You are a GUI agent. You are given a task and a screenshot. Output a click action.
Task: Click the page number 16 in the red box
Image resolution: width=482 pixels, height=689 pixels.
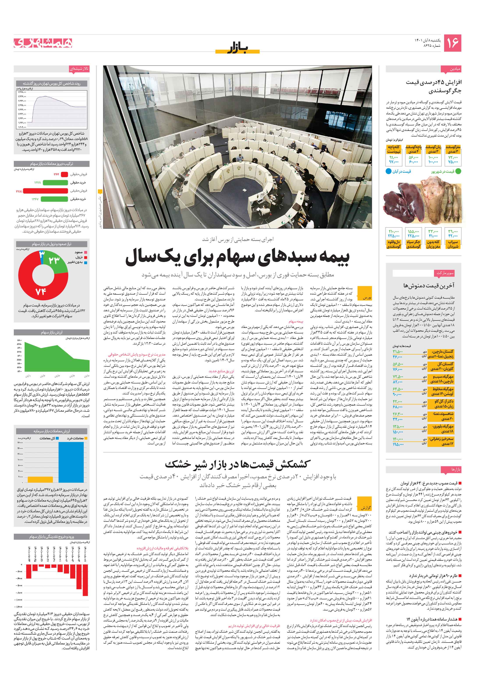click(x=452, y=43)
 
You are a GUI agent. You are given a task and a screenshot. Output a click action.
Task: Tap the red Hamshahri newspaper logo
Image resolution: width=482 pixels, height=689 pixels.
click(x=43, y=43)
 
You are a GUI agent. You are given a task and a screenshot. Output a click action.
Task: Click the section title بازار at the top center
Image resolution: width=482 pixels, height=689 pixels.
click(x=237, y=48)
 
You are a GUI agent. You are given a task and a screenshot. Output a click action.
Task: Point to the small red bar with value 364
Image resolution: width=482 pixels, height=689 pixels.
click(x=64, y=174)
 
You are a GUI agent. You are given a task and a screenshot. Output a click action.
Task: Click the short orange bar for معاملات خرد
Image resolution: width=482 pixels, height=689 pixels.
click(x=40, y=479)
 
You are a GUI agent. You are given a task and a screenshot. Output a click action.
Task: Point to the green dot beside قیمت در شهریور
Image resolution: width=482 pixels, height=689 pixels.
click(x=458, y=171)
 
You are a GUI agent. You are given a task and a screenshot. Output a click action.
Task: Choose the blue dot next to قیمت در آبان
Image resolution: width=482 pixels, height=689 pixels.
click(x=388, y=171)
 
